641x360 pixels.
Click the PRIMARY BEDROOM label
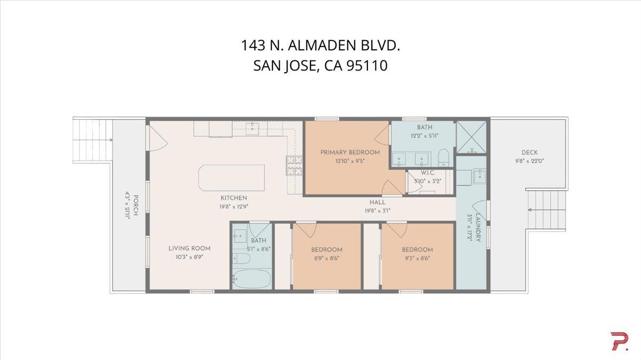[x=350, y=152]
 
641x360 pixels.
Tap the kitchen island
[x=231, y=177]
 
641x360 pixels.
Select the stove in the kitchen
[x=294, y=166]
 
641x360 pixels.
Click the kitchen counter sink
[x=253, y=128]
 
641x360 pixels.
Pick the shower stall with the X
[x=471, y=138]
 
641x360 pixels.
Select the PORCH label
[x=136, y=206]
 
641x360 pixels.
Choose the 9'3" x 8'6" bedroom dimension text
[x=417, y=258]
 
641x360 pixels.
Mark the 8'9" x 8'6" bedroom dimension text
[x=326, y=258]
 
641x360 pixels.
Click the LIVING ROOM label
[x=189, y=248]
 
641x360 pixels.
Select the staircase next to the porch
[x=92, y=140]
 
